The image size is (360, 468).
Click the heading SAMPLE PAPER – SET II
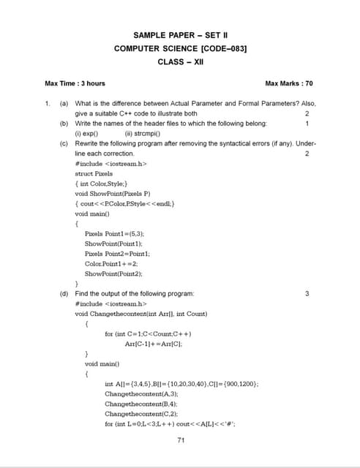point(181,34)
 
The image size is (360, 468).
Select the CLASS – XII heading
point(180,61)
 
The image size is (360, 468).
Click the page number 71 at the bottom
point(181,439)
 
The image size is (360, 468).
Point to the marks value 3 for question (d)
point(307,293)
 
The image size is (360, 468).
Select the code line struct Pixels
point(94,174)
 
